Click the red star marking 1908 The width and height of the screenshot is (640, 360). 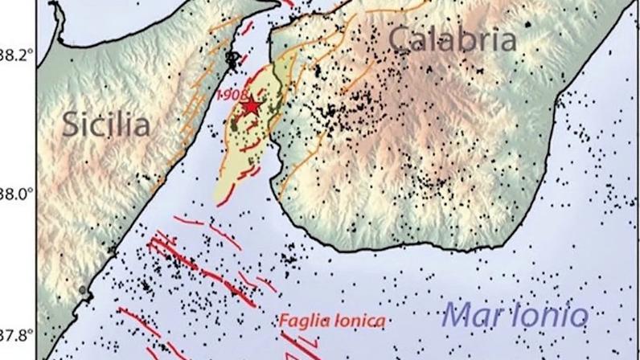pos(252,105)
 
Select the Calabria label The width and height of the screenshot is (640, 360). pos(453,39)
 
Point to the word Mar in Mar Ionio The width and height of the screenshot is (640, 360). pos(474,313)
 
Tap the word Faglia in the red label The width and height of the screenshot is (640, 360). pos(305,321)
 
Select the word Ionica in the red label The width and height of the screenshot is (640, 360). pos(359,321)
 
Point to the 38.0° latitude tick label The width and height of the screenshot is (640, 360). pos(17,194)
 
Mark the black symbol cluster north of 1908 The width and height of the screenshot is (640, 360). pos(232,59)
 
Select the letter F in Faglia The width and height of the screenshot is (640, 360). pos(285,321)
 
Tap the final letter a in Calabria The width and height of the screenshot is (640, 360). pos(505,41)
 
